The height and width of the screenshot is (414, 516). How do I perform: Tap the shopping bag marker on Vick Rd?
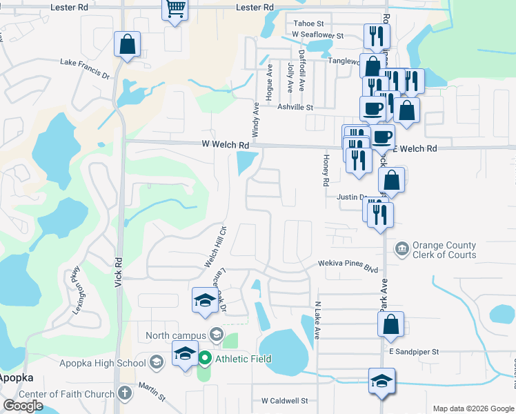click(x=128, y=45)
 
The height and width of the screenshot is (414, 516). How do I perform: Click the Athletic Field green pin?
click(x=205, y=359)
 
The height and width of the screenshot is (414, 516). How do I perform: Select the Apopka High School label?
click(x=102, y=363)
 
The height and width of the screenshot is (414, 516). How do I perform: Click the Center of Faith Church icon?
click(x=124, y=394)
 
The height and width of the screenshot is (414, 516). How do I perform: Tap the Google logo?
click(x=23, y=406)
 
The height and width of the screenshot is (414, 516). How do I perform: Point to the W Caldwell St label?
click(x=284, y=401)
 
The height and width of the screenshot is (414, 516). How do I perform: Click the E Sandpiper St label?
click(x=414, y=352)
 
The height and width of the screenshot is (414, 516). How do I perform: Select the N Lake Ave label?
click(x=318, y=319)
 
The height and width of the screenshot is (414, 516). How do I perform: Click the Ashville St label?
click(x=295, y=108)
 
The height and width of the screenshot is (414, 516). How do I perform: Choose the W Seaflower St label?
click(x=317, y=34)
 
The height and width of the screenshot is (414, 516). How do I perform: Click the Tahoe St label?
click(x=304, y=23)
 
